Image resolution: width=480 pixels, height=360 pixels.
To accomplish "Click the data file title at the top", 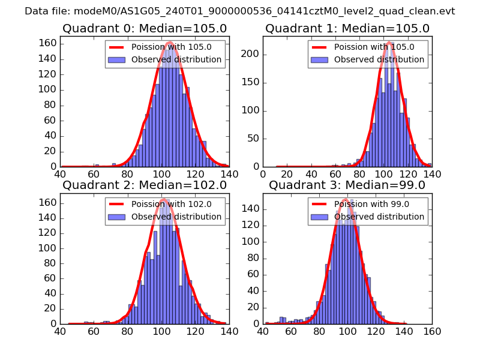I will [240, 11].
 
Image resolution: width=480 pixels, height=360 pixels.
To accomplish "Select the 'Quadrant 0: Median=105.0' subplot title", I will [145, 28].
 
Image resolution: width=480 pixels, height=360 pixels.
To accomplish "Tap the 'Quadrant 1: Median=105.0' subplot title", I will [347, 28].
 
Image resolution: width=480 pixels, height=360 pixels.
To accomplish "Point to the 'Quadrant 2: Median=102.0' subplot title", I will [145, 185].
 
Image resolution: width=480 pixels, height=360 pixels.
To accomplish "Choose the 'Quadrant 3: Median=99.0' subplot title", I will [347, 185].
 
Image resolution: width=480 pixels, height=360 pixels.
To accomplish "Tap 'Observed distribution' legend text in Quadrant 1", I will [379, 59].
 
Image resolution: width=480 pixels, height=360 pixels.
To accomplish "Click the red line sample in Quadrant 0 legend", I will [118, 47].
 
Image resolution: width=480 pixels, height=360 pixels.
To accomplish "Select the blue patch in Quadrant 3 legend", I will [320, 217].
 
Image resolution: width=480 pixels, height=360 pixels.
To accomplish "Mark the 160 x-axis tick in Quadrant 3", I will [431, 330].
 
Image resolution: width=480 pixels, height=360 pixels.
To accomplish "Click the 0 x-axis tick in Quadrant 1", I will [263, 173].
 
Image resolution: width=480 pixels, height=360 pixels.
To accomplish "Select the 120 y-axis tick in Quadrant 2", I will [49, 233].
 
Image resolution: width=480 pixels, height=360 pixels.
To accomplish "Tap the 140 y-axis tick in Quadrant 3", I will [251, 208].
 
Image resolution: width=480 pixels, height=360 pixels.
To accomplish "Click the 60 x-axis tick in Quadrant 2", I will [94, 330].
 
